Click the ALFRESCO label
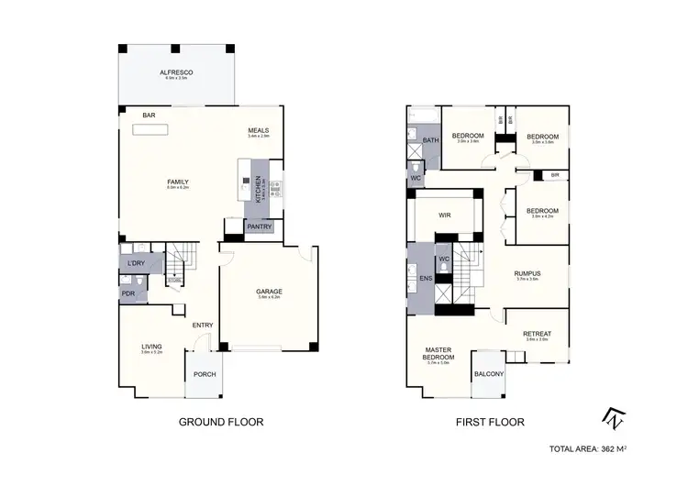pos(175,72)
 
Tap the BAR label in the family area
pos(149,116)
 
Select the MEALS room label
pos(258,130)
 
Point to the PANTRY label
pos(260,226)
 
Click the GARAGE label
pos(269,292)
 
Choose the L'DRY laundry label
pos(136,264)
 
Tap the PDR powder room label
pos(128,293)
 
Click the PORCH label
pos(203,373)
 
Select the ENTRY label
pos(203,325)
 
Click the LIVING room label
pos(151,345)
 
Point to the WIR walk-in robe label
pos(445,215)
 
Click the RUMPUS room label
pos(527,272)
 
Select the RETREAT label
pos(537,334)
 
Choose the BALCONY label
pos(488,374)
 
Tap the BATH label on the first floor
pos(431,140)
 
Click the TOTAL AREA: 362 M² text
pos(586,449)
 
